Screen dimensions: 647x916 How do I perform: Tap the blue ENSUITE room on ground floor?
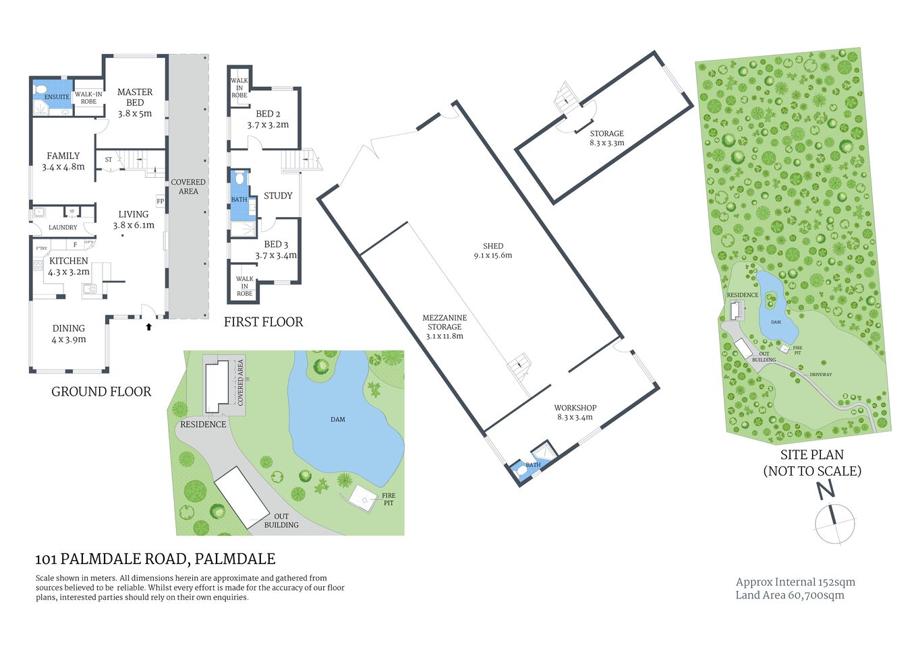tap(52, 91)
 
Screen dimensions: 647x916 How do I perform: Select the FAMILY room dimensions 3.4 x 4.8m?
tap(63, 166)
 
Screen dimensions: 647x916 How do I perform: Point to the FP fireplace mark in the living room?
tap(161, 201)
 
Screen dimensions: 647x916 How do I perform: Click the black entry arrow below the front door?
tap(148, 327)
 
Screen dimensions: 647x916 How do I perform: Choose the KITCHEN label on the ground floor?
tap(69, 261)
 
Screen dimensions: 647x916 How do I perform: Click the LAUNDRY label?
tap(63, 228)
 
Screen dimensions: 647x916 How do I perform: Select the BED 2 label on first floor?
tap(268, 114)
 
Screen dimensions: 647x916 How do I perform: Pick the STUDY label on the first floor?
tap(278, 195)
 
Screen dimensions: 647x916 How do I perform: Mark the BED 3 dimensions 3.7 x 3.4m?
tap(276, 255)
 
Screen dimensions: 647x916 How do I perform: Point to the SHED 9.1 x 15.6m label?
tap(493, 255)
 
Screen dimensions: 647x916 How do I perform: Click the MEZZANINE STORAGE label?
tap(445, 327)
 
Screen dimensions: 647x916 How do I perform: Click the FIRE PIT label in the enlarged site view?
tap(389, 499)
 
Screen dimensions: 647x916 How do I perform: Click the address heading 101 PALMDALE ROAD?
tap(155, 559)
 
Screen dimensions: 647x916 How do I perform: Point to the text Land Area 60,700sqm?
tap(790, 595)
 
